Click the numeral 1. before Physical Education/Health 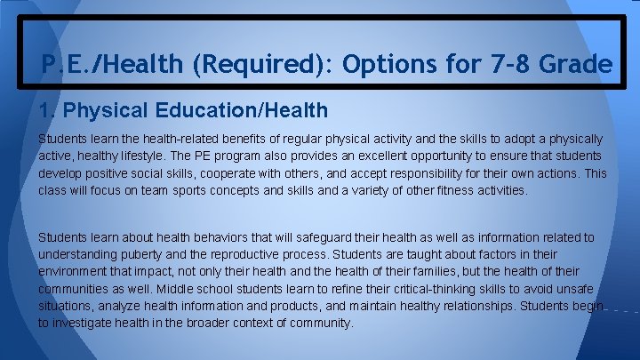(47, 111)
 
